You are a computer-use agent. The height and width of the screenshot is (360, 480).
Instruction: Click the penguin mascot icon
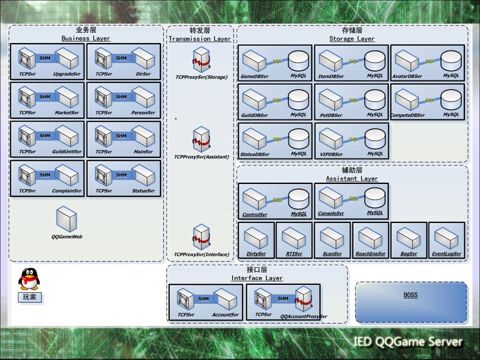point(28,279)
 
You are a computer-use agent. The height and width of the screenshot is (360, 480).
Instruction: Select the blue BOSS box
point(410,301)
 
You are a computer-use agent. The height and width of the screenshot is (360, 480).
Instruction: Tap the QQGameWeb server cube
point(66,220)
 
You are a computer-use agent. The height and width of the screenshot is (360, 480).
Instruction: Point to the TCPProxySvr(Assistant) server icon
point(201,140)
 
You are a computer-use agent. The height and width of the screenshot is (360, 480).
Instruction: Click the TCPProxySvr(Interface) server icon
point(201,237)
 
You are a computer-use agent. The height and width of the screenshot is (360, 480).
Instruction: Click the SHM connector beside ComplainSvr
point(45,175)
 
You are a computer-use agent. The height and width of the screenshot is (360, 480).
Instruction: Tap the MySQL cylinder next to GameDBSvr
point(298,60)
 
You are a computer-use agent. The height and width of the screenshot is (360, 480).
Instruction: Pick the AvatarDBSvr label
point(408,76)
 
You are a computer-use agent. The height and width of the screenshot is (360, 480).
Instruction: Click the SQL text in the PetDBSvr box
point(353,100)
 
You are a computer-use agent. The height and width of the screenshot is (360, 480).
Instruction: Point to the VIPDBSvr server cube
point(330,137)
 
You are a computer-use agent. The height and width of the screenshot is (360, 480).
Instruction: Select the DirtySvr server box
point(256,238)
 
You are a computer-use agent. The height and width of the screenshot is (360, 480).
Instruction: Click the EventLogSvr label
point(446,254)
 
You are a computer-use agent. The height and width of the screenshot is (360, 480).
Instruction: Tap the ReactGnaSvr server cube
point(370,238)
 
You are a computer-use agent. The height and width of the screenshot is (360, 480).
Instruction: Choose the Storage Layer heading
point(351,38)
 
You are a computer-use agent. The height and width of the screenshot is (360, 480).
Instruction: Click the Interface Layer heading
point(257,278)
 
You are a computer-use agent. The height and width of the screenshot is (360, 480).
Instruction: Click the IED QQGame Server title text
point(407,342)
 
